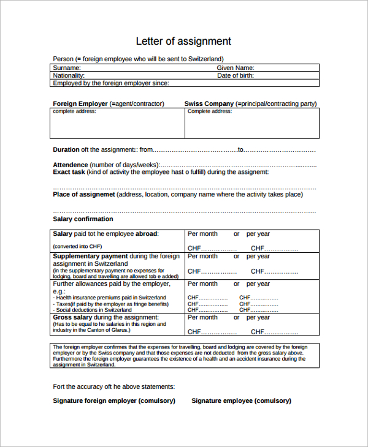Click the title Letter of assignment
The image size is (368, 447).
coord(183,42)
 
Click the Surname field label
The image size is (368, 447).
coord(67,68)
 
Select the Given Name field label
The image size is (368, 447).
coord(236,68)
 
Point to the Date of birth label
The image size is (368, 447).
coord(236,76)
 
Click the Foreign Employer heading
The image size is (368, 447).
coord(80,104)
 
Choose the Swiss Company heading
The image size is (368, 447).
coord(209,104)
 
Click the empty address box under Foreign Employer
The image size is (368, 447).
coord(117,127)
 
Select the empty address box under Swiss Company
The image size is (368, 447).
coord(251,127)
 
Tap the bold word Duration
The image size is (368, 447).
coord(66,149)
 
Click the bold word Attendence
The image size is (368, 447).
coord(71,165)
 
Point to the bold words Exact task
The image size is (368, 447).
coord(69,172)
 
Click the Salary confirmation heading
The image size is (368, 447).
coord(83,219)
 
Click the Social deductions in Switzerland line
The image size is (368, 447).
coord(94,310)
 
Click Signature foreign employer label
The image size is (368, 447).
coord(114,400)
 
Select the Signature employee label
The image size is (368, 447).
coord(241,400)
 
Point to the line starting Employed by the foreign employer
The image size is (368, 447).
coord(111,83)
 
